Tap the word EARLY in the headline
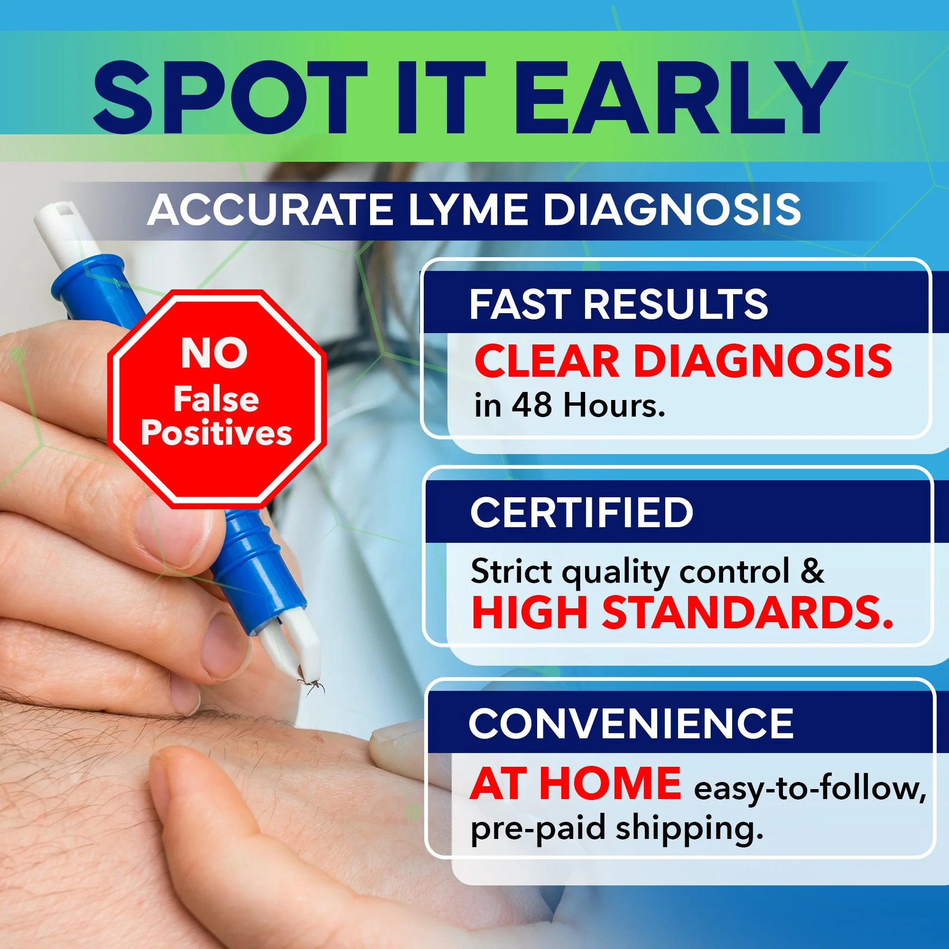pos(680,98)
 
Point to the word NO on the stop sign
pos(214,354)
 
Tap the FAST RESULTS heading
pos(618,304)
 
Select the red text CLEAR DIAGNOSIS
pos(683,362)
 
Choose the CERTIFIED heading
pos(582,512)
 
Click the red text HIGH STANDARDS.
pos(682,613)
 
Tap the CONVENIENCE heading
pos(631,724)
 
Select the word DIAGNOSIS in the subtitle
pos(671,210)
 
